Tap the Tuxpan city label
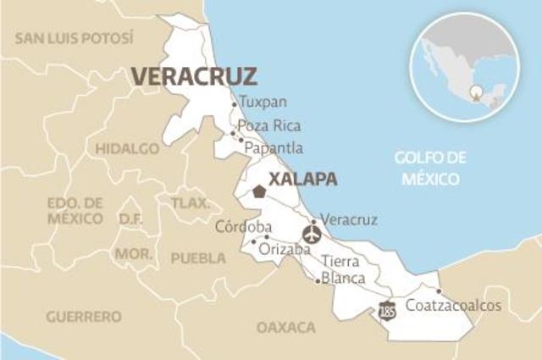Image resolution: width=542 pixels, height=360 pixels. click(257, 102)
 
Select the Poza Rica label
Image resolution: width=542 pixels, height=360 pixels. click(269, 125)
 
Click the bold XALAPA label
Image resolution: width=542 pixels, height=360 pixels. click(302, 179)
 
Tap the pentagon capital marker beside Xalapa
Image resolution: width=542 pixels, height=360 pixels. click(258, 191)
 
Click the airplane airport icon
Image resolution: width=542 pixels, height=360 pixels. click(312, 234)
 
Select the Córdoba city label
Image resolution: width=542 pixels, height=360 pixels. click(243, 226)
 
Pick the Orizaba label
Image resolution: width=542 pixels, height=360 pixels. click(279, 249)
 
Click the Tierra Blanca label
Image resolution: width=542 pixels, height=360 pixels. click(343, 269)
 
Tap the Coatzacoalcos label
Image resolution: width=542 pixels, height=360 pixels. click(454, 305)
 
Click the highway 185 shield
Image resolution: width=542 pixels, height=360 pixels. click(387, 310)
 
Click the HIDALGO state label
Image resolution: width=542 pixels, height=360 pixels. click(127, 148)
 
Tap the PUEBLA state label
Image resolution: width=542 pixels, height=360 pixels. click(199, 258)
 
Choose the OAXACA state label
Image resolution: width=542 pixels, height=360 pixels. click(286, 327)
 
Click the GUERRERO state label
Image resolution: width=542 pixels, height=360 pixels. click(84, 317)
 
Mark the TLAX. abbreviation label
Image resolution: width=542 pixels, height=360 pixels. click(190, 203)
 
